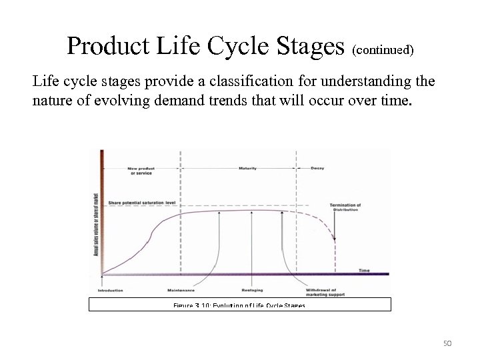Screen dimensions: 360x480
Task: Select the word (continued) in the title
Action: tap(383, 50)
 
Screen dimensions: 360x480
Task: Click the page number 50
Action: tap(447, 343)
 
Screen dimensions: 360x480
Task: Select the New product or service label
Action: tap(141, 170)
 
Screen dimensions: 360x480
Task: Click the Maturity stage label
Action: tap(247, 168)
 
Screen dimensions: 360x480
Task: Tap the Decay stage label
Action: tap(318, 168)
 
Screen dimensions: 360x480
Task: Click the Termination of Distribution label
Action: tap(345, 207)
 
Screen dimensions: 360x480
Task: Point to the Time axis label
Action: tap(364, 270)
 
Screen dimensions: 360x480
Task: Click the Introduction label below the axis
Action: tap(110, 291)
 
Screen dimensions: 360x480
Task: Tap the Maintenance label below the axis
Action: tap(181, 291)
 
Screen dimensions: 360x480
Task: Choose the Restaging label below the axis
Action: tap(251, 291)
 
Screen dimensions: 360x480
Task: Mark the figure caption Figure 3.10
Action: tap(239, 305)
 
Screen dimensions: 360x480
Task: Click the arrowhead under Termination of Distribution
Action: tap(335, 238)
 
